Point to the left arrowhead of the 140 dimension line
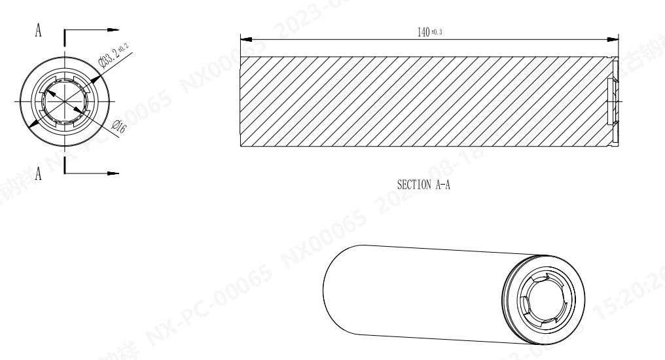[x=246, y=39]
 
